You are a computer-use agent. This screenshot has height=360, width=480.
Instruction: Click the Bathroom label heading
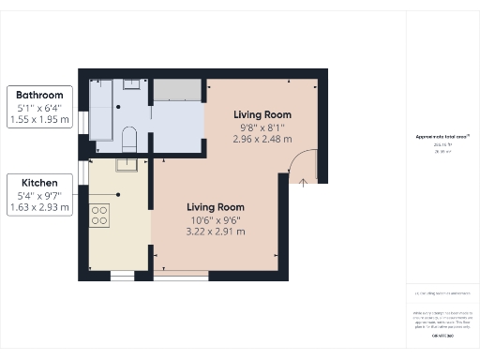coord(39,96)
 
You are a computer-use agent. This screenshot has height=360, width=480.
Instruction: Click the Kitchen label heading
coord(39,182)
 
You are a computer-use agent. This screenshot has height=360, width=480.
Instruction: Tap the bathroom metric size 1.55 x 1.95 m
coord(39,120)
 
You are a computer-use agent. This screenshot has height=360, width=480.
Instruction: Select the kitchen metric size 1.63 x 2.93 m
coord(39,207)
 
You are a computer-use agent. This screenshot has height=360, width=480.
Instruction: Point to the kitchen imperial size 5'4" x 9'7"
coord(39,195)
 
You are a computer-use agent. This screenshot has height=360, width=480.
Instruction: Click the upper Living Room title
coord(262,114)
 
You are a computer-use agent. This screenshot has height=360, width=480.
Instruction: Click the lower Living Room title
coord(216,207)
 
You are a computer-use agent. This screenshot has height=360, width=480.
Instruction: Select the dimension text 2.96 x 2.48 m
coord(262,139)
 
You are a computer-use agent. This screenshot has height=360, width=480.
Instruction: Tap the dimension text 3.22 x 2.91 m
coord(216,231)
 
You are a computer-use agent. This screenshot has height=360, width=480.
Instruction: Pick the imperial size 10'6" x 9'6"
coord(216,219)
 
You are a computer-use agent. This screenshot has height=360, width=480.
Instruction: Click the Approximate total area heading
coord(442,136)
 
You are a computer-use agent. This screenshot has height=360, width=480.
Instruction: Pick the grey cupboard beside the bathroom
coord(178,90)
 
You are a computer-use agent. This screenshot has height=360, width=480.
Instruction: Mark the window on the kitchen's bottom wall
coord(123,276)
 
